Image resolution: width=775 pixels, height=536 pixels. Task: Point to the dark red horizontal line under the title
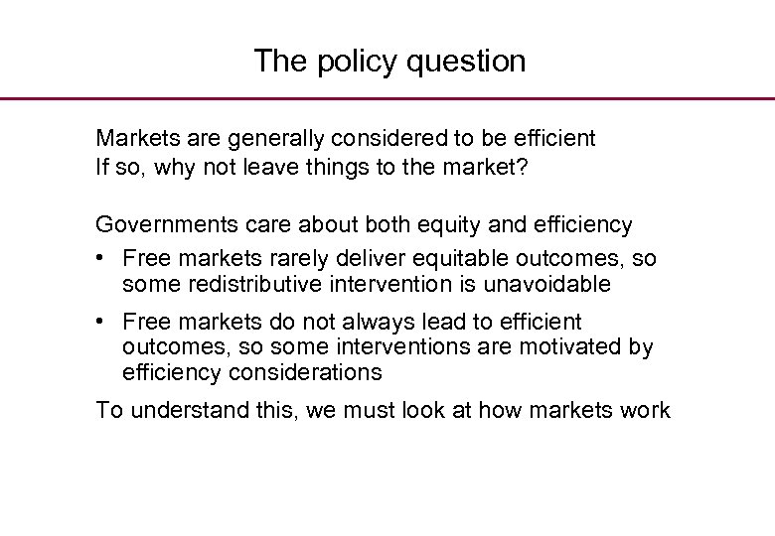point(387,98)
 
